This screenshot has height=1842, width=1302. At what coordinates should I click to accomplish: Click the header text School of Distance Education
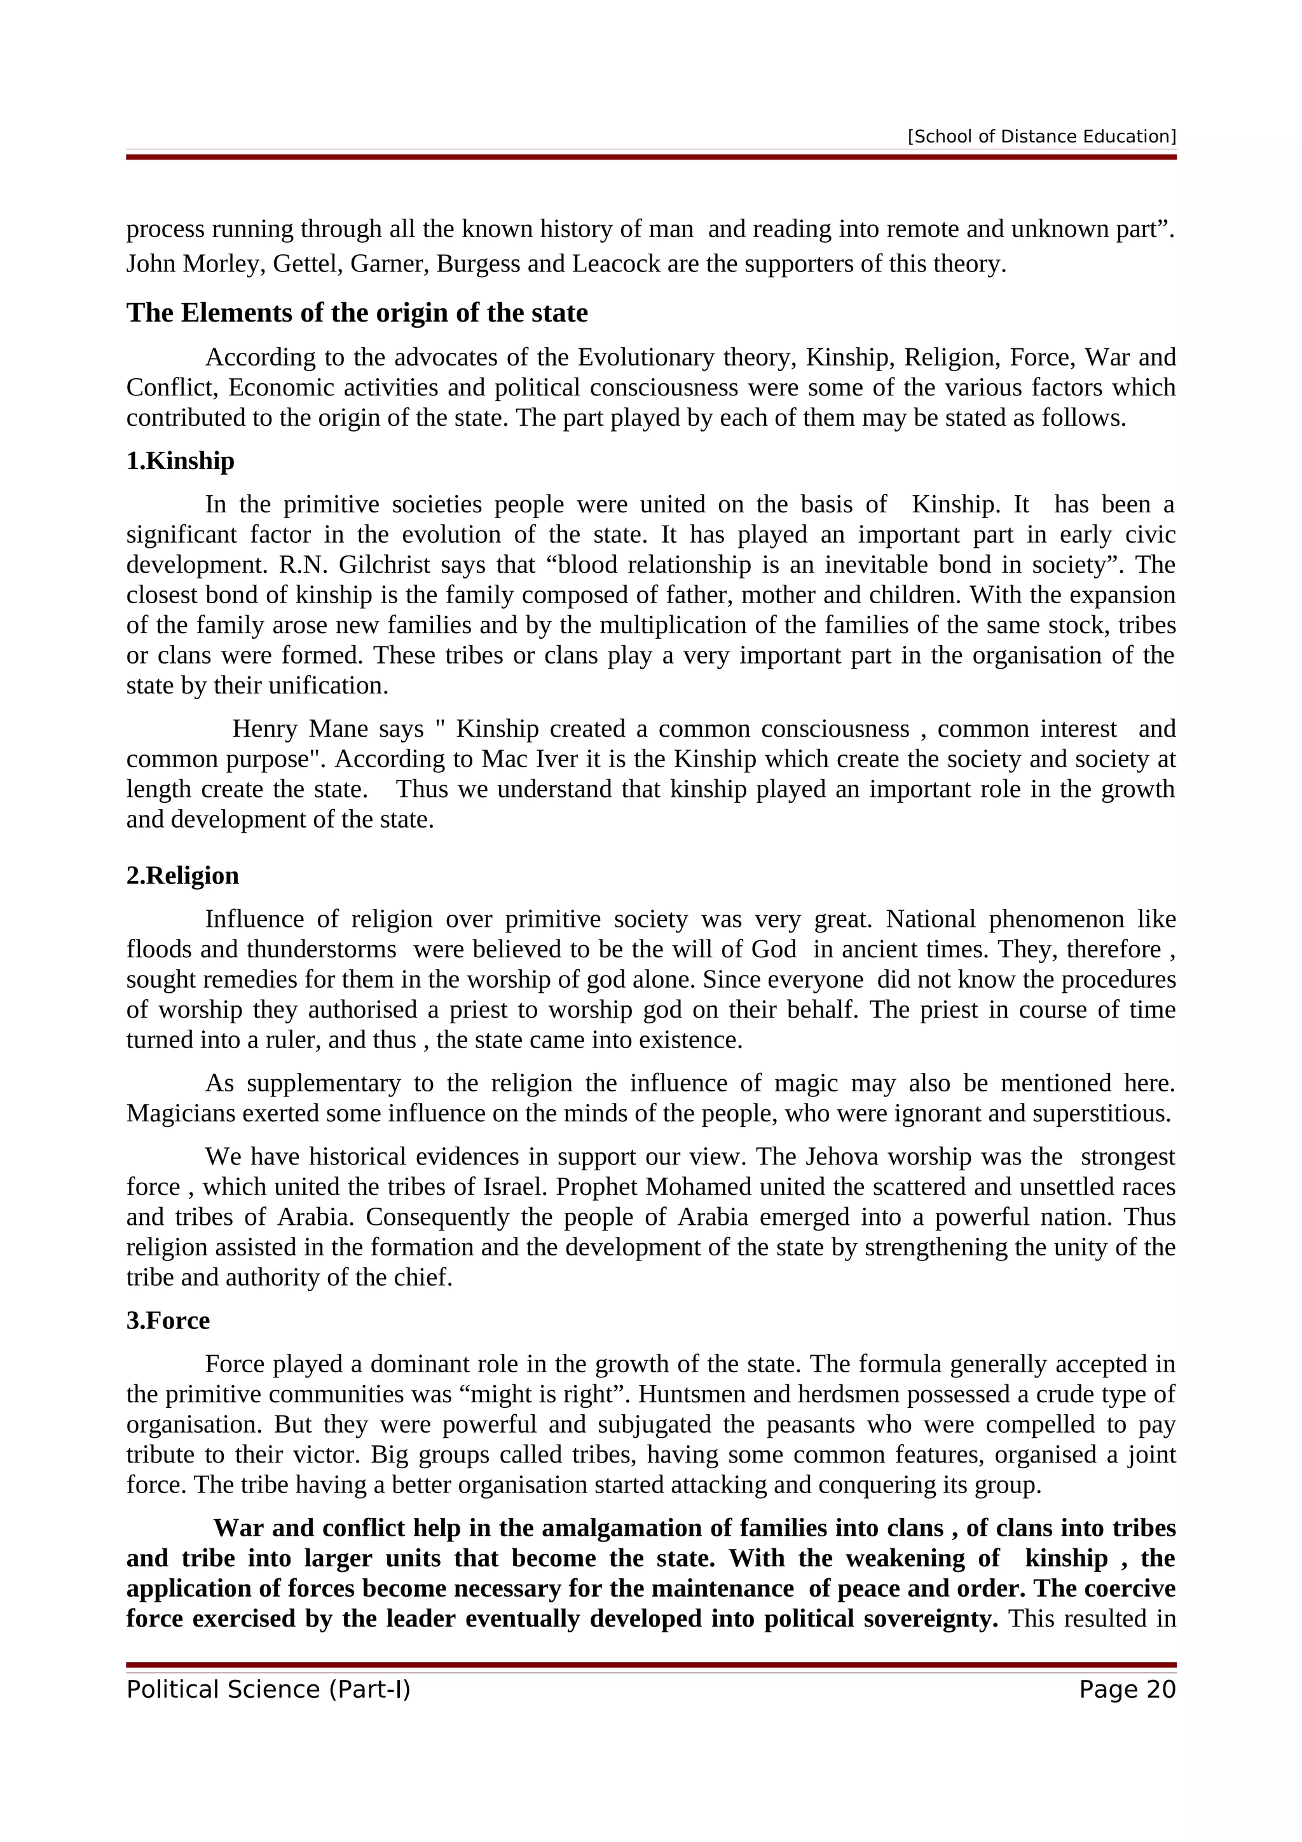(x=1041, y=137)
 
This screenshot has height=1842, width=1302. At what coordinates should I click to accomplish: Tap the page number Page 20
(x=1127, y=1689)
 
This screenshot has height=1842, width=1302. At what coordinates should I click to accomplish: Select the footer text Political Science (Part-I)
(x=268, y=1689)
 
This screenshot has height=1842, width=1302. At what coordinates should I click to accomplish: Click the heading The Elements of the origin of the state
(x=357, y=313)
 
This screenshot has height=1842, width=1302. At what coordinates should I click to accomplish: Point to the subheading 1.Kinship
(x=181, y=461)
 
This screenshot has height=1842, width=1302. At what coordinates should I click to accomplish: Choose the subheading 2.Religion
(x=183, y=875)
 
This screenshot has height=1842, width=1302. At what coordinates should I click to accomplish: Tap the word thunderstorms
(x=321, y=949)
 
